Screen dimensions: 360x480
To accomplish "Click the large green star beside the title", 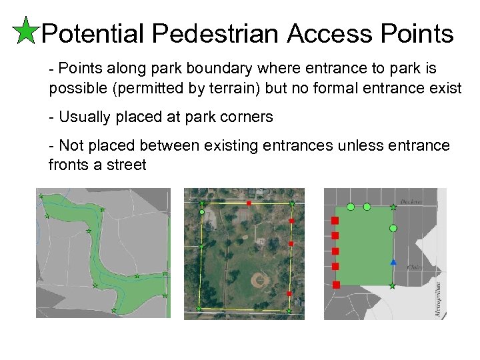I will click(25, 31).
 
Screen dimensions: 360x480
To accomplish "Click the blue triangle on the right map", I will click(393, 262).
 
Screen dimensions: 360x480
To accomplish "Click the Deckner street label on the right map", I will click(411, 202).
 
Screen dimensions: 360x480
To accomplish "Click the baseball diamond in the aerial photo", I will click(260, 280).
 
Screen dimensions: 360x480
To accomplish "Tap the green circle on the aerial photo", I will click(202, 212).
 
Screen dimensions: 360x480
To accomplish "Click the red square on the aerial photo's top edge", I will click(249, 202).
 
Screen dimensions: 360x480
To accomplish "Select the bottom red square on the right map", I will click(335, 285).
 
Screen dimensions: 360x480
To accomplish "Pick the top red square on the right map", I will click(335, 221).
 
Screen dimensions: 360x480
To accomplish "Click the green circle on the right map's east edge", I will click(393, 229).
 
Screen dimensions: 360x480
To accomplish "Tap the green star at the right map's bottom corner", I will click(393, 286).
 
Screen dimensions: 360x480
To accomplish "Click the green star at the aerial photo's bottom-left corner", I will click(199, 309).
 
